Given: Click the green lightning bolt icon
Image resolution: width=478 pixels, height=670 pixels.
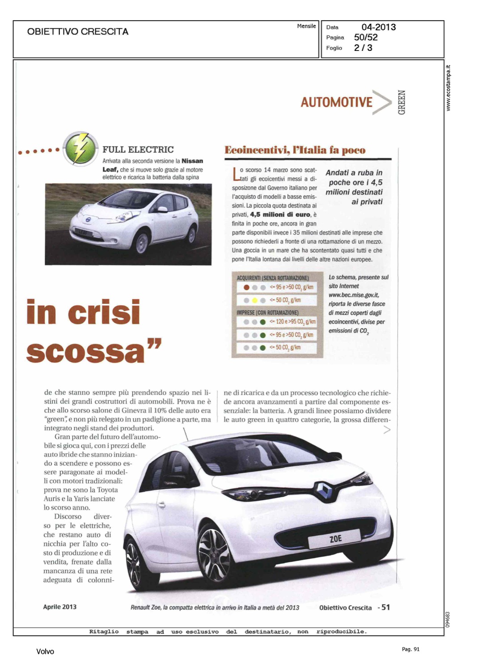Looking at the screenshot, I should (x=80, y=148).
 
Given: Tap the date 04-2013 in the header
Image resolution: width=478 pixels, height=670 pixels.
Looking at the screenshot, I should (x=378, y=27).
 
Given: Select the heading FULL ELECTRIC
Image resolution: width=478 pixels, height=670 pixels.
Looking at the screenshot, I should (x=138, y=150).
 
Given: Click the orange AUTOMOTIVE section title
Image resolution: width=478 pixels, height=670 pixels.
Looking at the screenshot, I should (x=336, y=102).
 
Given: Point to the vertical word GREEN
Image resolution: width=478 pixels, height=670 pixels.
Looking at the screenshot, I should (x=402, y=102).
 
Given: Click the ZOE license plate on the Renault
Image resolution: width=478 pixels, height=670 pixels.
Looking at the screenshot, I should (x=335, y=539).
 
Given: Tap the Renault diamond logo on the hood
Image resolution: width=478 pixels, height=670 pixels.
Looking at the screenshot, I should (x=324, y=490).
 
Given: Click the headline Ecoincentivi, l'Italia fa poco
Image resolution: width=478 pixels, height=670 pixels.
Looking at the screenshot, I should (x=295, y=150).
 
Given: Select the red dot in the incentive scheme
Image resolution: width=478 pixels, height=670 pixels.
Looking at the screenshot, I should (x=246, y=288).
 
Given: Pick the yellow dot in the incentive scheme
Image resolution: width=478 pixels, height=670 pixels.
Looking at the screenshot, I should (x=254, y=301).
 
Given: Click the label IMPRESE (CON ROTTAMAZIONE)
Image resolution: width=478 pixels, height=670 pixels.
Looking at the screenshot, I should (x=267, y=313).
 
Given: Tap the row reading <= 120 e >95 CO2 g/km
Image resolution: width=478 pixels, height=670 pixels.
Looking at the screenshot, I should (x=292, y=322).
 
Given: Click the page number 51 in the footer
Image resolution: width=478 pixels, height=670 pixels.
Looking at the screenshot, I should (x=385, y=607).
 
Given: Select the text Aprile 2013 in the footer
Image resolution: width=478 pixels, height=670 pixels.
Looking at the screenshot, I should (x=59, y=607).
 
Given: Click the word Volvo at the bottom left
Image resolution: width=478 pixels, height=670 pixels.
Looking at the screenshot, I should (x=45, y=652).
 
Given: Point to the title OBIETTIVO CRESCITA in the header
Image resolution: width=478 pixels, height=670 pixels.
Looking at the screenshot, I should (x=77, y=32).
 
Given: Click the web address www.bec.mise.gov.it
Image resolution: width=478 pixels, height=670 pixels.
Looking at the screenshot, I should (x=353, y=295).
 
